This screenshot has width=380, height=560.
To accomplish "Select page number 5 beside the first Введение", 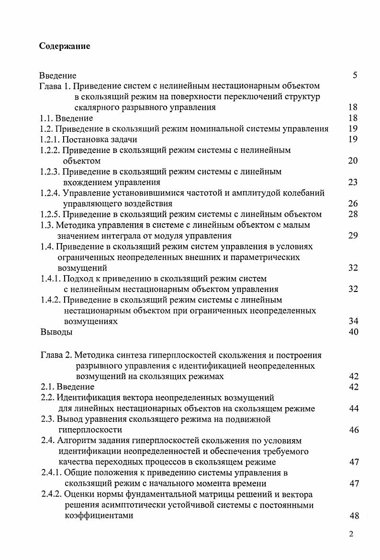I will pos(354,75).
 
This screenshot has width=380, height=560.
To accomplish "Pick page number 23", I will pos(353,183).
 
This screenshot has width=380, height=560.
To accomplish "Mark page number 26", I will pos(353,204).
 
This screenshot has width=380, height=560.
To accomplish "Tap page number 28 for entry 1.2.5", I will pos(353,214).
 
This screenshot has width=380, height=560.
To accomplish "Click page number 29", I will pos(353,236).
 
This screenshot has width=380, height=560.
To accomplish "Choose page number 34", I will pos(353,322).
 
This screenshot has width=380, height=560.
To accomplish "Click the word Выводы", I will pos(56,332).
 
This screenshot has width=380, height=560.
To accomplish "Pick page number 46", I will pos(354,430).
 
